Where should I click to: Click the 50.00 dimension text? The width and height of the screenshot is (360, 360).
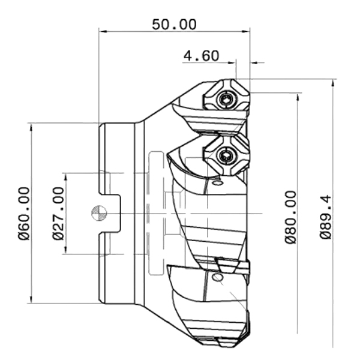click(x=174, y=25)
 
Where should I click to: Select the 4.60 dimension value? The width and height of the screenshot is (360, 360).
click(x=202, y=56)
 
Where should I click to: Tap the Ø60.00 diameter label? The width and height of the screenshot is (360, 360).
click(x=24, y=214)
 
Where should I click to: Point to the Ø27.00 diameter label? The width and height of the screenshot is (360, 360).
click(x=58, y=214)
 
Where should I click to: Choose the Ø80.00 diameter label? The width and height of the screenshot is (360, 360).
click(x=290, y=217)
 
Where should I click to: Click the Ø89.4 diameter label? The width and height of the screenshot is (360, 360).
click(x=326, y=217)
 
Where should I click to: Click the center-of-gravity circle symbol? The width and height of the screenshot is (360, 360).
click(x=99, y=213)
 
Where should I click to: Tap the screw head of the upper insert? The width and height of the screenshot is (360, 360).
click(x=227, y=100)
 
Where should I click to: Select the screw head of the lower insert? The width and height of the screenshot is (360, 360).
click(x=227, y=157)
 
